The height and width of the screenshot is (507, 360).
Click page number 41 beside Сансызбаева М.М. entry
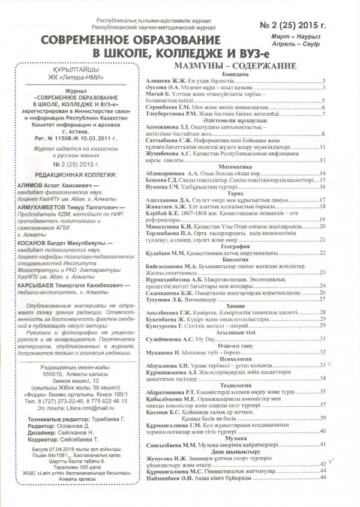323,444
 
